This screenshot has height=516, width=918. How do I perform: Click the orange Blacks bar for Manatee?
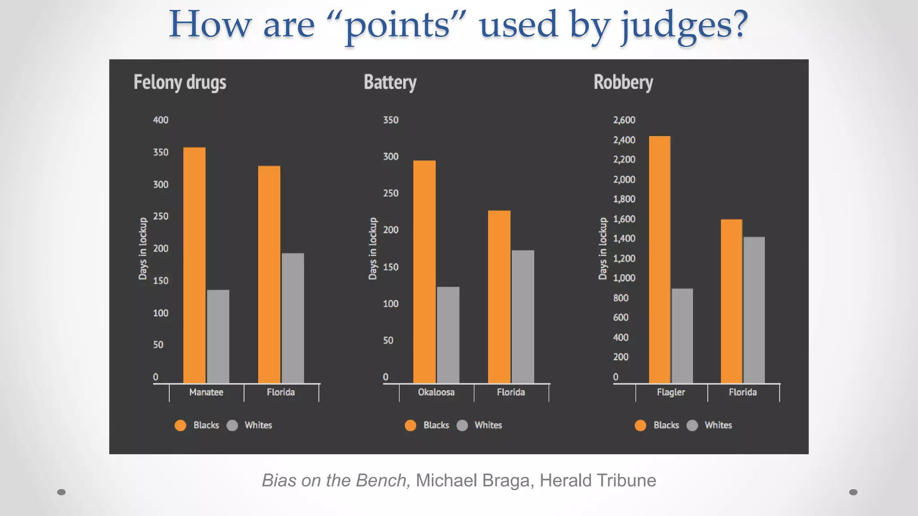[194, 265]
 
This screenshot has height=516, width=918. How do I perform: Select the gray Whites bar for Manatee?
[218, 336]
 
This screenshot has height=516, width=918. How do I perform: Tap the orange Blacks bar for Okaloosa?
[424, 271]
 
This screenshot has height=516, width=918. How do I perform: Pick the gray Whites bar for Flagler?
[682, 335]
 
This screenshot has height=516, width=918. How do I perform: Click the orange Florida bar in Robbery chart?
[731, 301]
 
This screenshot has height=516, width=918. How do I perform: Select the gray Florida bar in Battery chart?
[523, 316]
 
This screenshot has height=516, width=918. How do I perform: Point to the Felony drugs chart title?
[180, 82]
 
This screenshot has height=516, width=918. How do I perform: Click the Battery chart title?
[390, 82]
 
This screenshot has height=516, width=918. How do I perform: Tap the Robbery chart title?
[623, 82]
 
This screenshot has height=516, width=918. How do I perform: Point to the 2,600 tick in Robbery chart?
[624, 120]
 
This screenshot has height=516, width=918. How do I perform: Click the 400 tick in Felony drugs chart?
[160, 120]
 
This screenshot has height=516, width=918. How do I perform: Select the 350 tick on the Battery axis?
[390, 120]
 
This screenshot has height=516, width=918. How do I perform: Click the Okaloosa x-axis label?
[436, 392]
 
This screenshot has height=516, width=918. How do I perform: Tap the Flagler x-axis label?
[671, 392]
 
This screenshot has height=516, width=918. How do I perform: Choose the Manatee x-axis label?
[206, 392]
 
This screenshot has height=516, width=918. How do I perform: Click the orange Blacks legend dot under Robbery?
[641, 426]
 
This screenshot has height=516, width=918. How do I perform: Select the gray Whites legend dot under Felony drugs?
[232, 426]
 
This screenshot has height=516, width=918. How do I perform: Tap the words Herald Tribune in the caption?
[598, 481]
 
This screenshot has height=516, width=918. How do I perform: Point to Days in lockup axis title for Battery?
[372, 249]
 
